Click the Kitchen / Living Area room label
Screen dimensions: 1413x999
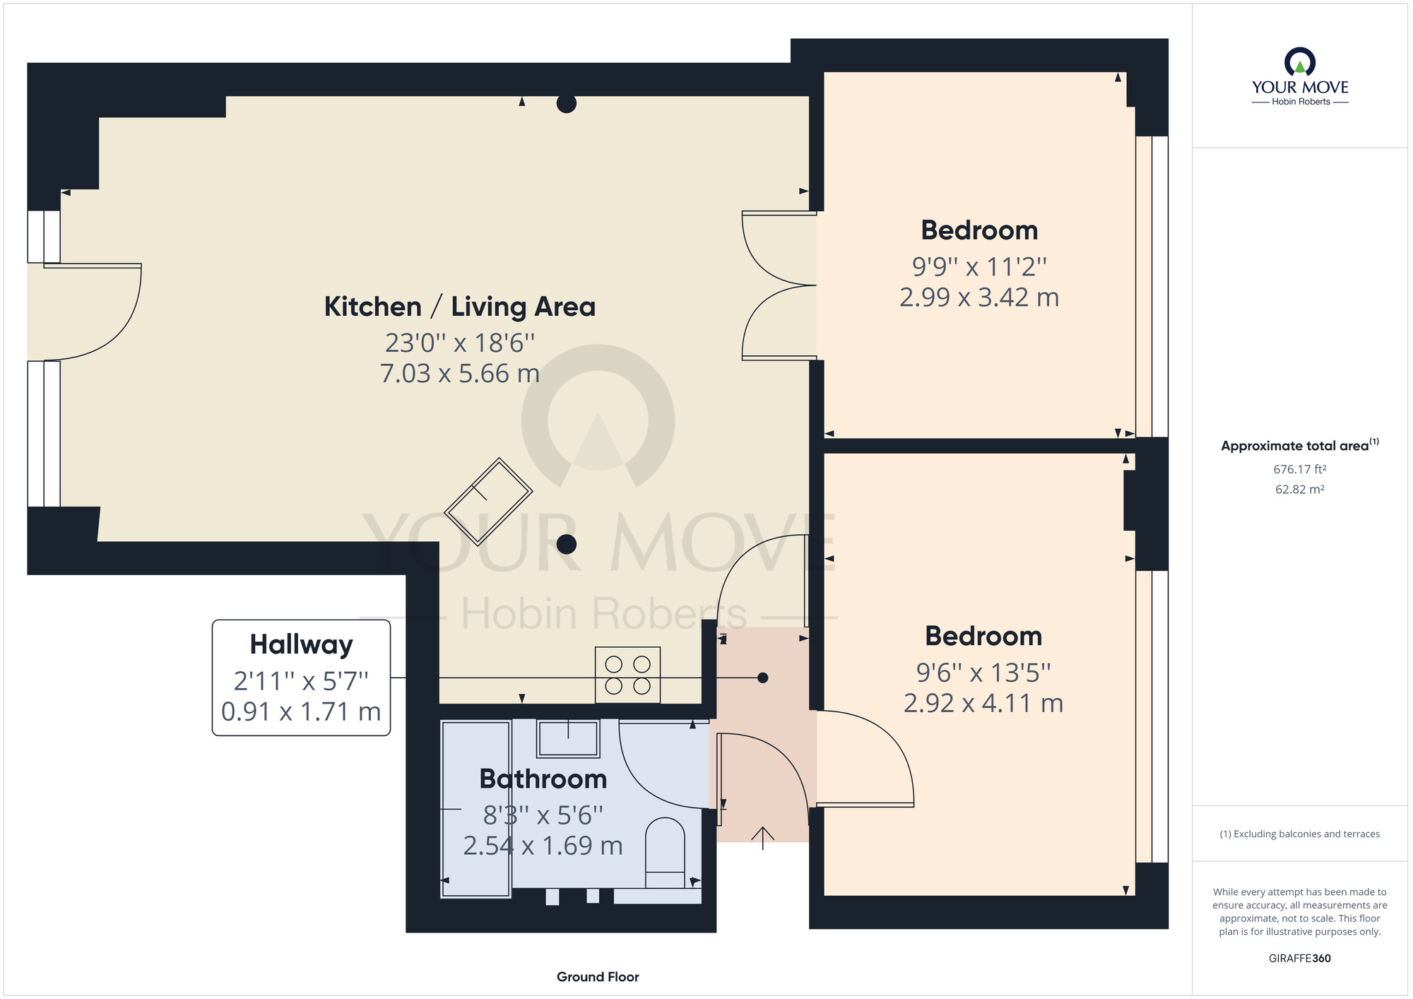tap(460, 307)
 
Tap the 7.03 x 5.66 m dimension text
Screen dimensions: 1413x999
tap(460, 373)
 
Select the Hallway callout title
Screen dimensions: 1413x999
tap(302, 645)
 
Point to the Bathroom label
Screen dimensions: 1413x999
tap(543, 779)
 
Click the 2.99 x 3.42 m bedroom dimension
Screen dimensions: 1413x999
tap(979, 297)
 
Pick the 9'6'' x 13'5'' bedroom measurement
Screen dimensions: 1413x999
tap(983, 673)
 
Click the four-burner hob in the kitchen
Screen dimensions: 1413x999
tap(627, 675)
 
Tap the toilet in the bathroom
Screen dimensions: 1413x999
tap(665, 853)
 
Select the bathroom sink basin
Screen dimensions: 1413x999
tap(568, 738)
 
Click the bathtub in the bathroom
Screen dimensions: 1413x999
tap(475, 809)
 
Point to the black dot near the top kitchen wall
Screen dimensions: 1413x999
tap(567, 103)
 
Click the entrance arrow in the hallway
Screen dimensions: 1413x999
tap(763, 838)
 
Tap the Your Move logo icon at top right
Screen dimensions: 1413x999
tap(1300, 61)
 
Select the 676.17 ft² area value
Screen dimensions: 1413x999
tap(1300, 469)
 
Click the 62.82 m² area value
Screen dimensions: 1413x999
tap(1300, 489)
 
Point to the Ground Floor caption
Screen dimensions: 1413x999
tap(598, 977)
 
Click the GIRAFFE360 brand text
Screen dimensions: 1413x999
tap(1300, 959)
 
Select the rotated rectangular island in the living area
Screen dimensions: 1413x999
tap(488, 502)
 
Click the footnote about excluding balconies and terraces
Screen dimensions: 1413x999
tap(1300, 834)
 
